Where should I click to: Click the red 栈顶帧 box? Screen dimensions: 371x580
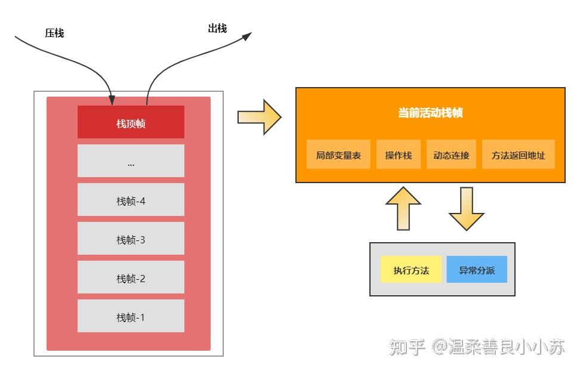[131, 122]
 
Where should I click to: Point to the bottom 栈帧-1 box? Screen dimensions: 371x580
[131, 316]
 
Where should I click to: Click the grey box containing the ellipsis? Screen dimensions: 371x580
[131, 161]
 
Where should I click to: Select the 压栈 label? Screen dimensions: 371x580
[54, 33]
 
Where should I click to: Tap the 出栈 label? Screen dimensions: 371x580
[217, 28]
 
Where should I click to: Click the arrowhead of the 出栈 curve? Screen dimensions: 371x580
[246, 36]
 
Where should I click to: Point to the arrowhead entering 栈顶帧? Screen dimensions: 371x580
[111, 100]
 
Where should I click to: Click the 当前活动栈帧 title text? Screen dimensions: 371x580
[430, 113]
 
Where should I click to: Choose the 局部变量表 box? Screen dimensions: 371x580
[338, 155]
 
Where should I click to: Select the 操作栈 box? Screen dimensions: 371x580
[398, 155]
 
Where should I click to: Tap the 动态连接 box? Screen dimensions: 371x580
[451, 155]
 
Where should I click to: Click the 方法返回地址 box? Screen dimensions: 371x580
[518, 155]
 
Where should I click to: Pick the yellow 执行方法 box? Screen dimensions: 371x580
[411, 270]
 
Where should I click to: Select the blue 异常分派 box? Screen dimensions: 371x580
[477, 270]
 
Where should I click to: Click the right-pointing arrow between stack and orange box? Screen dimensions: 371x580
[259, 117]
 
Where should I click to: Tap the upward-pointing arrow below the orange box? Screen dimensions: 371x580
[403, 208]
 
